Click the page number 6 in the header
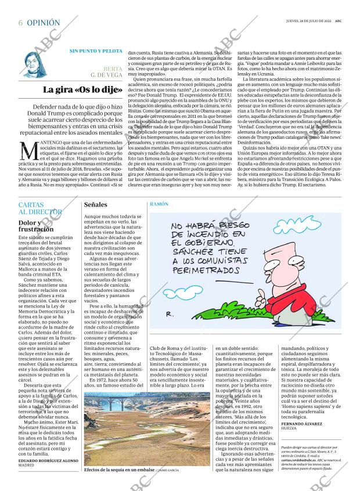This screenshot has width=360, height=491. point(20,23)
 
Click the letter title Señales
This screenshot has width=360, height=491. point(96,205)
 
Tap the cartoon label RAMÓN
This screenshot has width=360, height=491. point(159,205)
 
